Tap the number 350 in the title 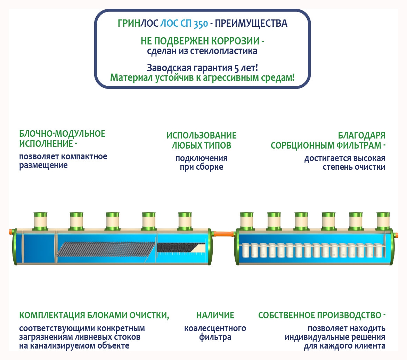point(201,24)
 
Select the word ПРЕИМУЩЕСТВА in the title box point(251,24)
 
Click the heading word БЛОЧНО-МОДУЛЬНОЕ point(62,134)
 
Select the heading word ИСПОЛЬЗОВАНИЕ point(201,135)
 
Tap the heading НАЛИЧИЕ point(215,315)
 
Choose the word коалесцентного point(215,328)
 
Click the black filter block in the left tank point(174,247)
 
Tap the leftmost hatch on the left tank point(40,221)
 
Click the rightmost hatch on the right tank point(383,221)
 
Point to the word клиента point(369,346)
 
